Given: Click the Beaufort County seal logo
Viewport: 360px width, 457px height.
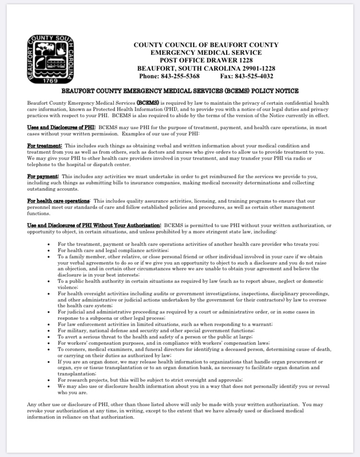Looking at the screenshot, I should click(50, 60).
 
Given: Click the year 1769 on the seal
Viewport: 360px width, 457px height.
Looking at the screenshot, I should click(50, 80).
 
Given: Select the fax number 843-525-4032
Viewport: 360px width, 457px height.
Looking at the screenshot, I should click(253, 76).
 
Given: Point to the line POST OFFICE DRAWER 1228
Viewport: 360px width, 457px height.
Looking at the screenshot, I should click(206, 60).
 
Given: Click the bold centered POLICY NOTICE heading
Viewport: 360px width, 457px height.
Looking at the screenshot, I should click(180, 91).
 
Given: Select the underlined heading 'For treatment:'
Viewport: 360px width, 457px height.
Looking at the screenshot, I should click(45, 145).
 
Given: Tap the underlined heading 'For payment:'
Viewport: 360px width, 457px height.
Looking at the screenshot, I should click(43, 177).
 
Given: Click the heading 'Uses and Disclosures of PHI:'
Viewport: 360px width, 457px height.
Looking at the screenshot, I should click(61, 127).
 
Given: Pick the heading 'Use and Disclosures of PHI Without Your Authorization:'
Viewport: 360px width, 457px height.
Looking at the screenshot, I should click(94, 225).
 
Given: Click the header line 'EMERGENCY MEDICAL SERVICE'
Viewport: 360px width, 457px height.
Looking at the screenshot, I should click(206, 52).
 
